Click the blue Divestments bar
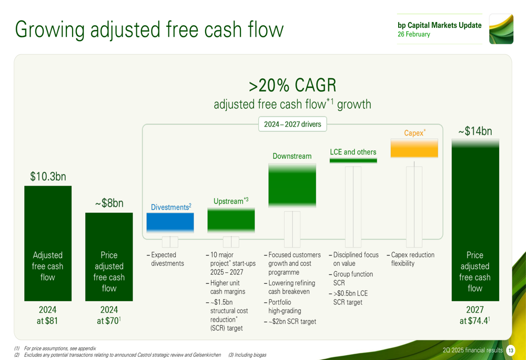click(170, 223)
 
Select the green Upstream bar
click(231, 220)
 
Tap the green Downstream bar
click(292, 186)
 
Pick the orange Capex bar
click(414, 148)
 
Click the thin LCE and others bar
click(353, 161)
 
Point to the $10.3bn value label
click(48, 176)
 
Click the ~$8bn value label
click(109, 203)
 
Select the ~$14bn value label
click(476, 131)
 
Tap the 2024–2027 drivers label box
click(292, 125)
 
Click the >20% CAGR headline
click(292, 85)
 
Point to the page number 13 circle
click(511, 351)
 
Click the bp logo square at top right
click(501, 29)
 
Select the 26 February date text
click(414, 34)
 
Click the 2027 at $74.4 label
click(475, 315)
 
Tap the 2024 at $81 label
click(48, 315)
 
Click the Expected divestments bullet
click(165, 259)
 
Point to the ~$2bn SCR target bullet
click(290, 322)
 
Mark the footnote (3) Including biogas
click(247, 355)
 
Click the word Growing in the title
click(49, 29)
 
